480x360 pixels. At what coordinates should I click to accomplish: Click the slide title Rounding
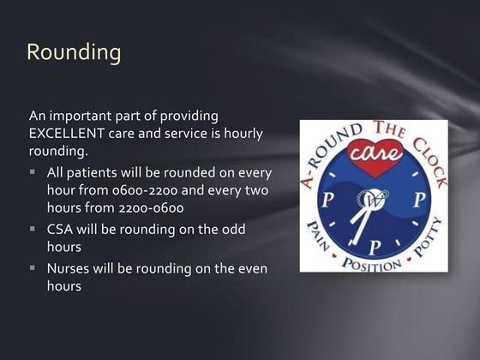pyautogui.click(x=74, y=52)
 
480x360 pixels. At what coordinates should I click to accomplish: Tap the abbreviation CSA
pyautogui.click(x=62, y=230)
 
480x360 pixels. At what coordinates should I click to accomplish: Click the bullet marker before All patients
pyautogui.click(x=33, y=171)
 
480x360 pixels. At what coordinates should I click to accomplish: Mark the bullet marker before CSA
pyautogui.click(x=33, y=230)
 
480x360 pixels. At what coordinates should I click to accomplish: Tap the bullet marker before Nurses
pyautogui.click(x=33, y=268)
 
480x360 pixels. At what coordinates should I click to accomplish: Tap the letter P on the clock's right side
pyautogui.click(x=419, y=200)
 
